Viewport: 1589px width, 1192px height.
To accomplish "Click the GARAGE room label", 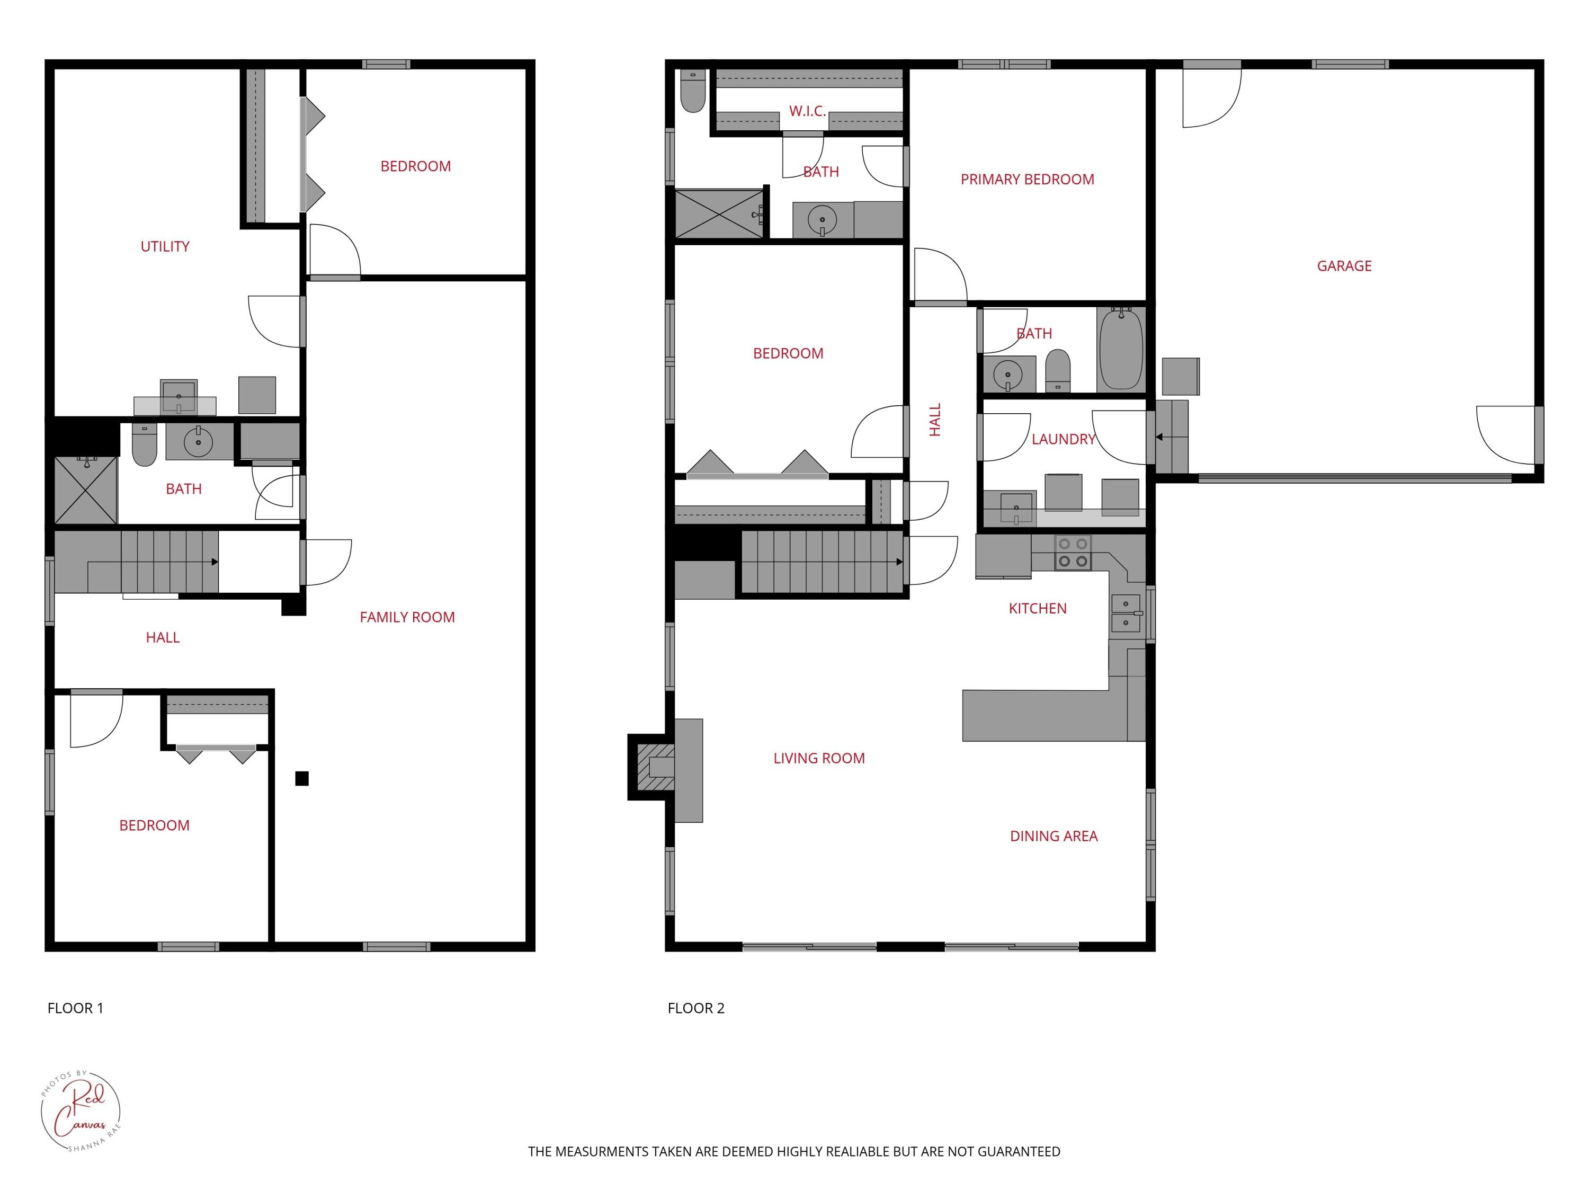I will [1344, 266].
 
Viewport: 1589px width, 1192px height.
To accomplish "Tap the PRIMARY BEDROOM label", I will [1027, 180].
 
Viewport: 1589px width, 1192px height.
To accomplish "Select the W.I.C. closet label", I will [807, 111].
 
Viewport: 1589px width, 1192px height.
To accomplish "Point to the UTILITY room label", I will [165, 246].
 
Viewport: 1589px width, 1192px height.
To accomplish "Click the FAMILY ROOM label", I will [407, 617].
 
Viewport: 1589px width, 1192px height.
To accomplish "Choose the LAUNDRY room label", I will [1063, 439].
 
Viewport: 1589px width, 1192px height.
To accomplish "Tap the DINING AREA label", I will [1054, 835].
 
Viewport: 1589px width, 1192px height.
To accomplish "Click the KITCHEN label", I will [1037, 609].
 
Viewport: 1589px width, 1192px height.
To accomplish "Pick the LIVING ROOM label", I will [819, 758].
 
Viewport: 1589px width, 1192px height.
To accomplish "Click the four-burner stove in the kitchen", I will [1073, 553].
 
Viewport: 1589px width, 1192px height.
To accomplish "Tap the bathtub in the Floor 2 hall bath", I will [1121, 349].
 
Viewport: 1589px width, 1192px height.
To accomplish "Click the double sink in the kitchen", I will [1126, 613].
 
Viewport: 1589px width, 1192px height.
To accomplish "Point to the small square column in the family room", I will [302, 778].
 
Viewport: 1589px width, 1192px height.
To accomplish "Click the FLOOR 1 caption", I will [75, 1008].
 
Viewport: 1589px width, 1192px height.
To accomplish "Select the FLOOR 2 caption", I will [696, 1008].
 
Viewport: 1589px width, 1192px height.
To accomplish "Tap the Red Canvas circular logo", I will [81, 1111].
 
